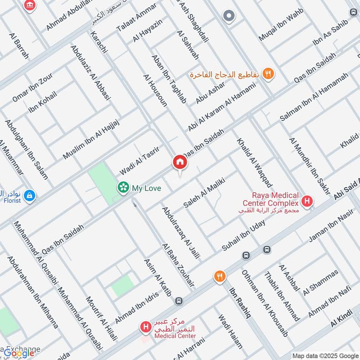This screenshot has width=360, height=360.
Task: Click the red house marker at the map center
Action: click(x=180, y=162)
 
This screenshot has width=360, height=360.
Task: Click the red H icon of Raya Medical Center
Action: click(x=307, y=201)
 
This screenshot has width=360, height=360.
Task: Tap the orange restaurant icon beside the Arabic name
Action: click(x=269, y=74)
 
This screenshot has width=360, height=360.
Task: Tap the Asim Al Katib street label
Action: click(x=157, y=278)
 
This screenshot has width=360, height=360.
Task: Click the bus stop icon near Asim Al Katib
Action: click(x=179, y=300)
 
